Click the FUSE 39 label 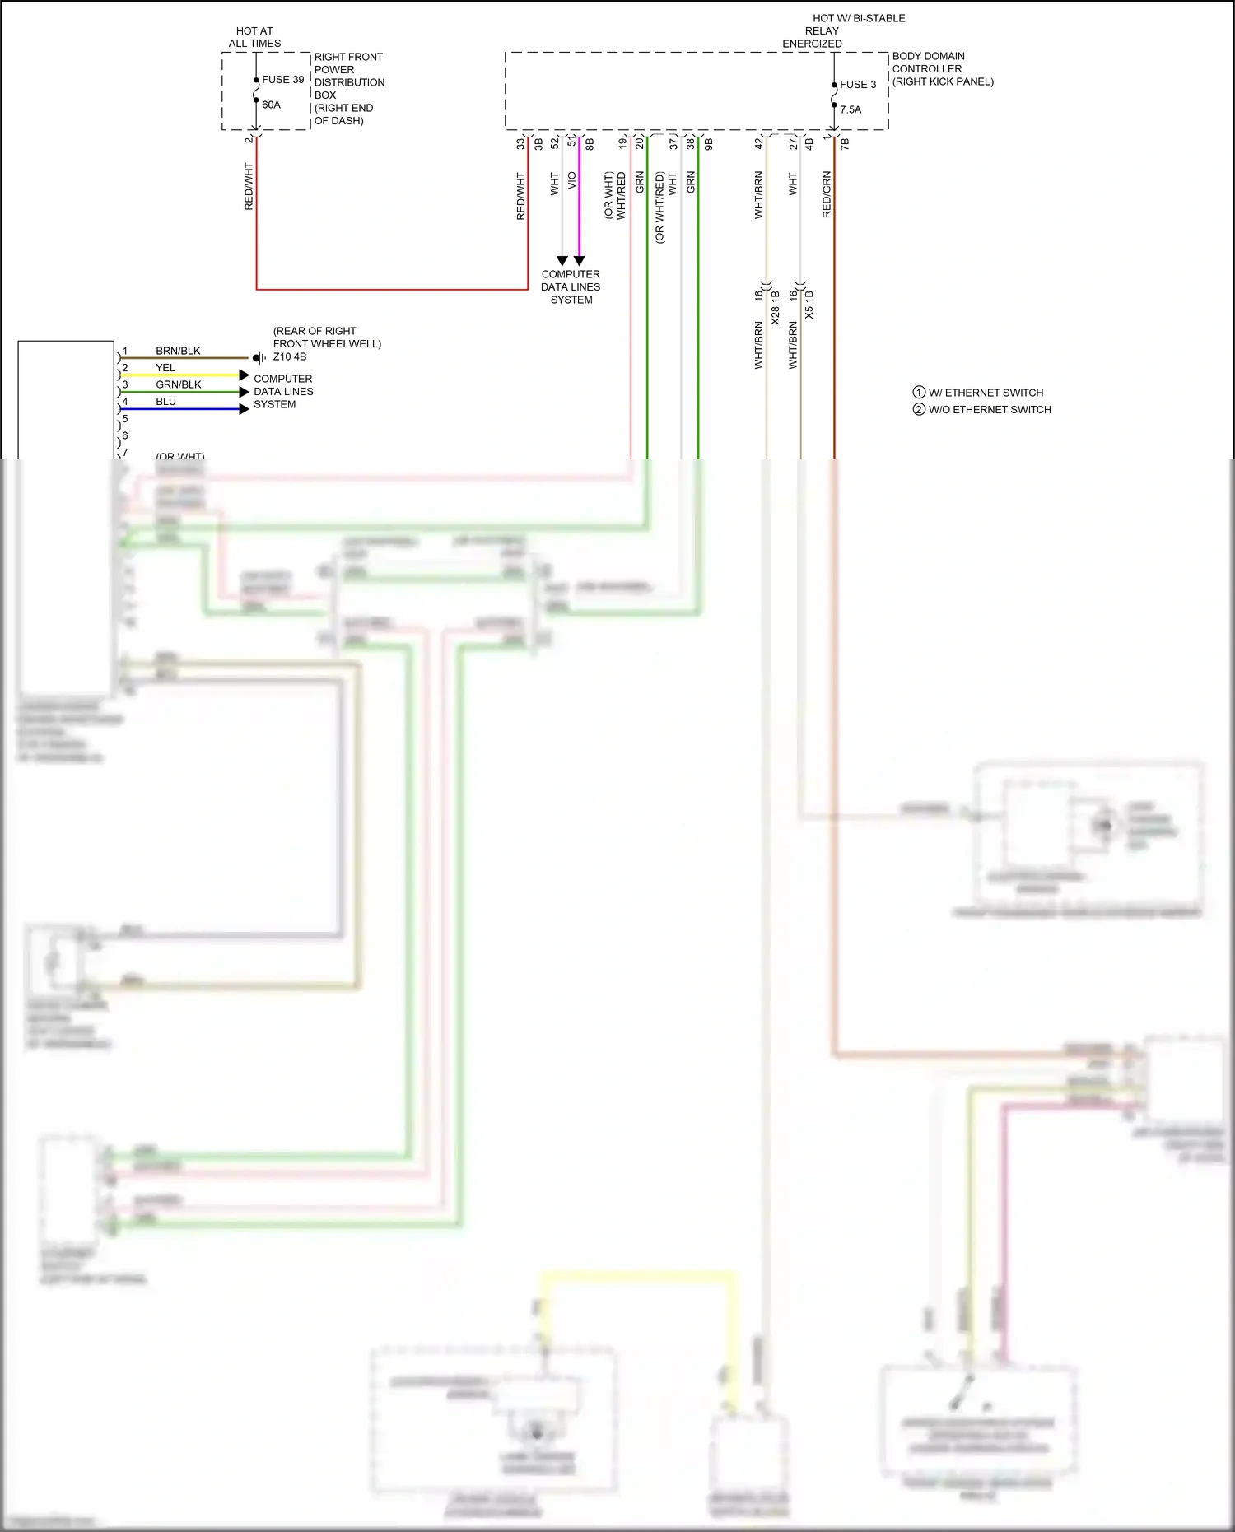(x=282, y=80)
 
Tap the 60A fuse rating (x=271, y=105)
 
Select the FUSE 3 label (x=858, y=85)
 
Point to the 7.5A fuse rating (x=851, y=109)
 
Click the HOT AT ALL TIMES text (x=254, y=37)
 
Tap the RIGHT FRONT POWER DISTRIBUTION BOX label (x=349, y=89)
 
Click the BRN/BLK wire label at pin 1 (x=178, y=351)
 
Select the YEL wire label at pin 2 (x=165, y=368)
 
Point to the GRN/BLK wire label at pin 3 (x=179, y=384)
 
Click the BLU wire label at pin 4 (x=165, y=402)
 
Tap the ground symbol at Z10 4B (x=259, y=358)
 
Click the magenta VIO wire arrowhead (x=579, y=261)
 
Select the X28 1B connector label (x=776, y=306)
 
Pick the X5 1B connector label (x=809, y=305)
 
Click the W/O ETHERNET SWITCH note (x=989, y=410)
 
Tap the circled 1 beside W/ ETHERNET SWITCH (x=919, y=393)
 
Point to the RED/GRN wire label (x=827, y=194)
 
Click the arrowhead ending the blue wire (x=244, y=409)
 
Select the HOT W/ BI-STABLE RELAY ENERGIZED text (x=843, y=30)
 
